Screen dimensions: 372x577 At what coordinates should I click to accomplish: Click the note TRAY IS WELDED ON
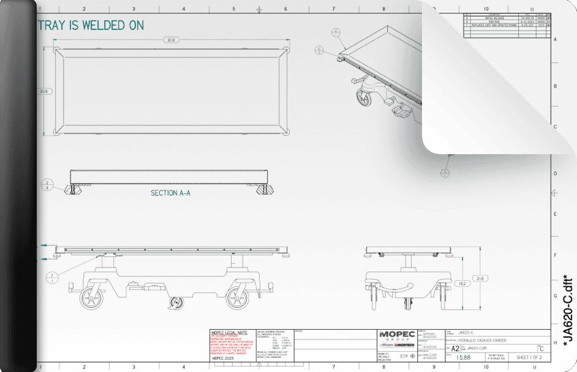[x=91, y=25]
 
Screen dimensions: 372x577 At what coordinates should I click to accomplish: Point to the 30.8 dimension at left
[x=43, y=91]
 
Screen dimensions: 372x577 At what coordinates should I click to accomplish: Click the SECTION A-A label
[x=170, y=193]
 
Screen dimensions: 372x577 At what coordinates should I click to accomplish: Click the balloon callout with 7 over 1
[x=53, y=278]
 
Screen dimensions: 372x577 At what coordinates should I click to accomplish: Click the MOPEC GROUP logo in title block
[x=397, y=336]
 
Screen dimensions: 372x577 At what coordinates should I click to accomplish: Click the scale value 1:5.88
[x=464, y=357]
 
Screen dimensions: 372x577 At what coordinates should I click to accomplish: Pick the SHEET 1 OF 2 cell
[x=529, y=357]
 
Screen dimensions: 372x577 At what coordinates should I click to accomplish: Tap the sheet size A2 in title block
[x=455, y=348]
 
